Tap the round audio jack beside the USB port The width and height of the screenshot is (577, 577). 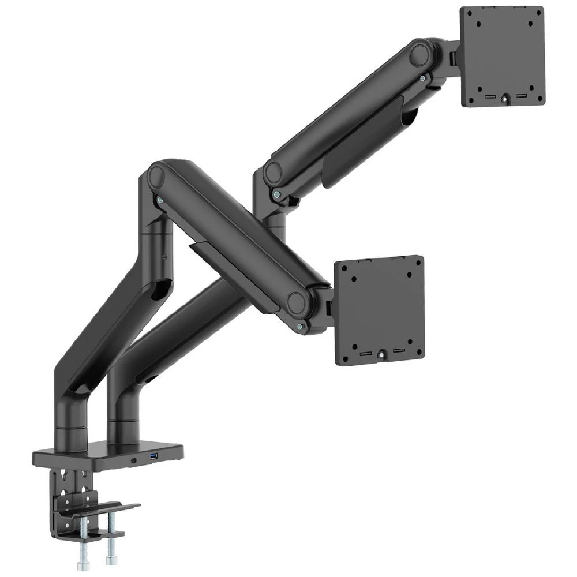pos(133,460)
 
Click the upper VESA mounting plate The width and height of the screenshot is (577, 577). pos(502,56)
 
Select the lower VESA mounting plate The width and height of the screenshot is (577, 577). pos(380,310)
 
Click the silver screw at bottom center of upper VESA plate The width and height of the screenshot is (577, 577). pos(505,99)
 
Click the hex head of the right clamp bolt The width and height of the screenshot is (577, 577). pos(110,561)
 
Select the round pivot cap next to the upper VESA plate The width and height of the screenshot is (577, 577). pos(419,55)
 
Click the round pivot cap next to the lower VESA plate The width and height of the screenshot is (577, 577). pos(298,302)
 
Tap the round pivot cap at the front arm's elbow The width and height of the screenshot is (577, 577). pos(158,175)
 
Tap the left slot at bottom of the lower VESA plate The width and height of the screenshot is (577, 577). pos(366,352)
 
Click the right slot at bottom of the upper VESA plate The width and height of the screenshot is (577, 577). pos(521,95)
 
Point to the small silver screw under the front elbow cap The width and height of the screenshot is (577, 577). pos(159,200)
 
